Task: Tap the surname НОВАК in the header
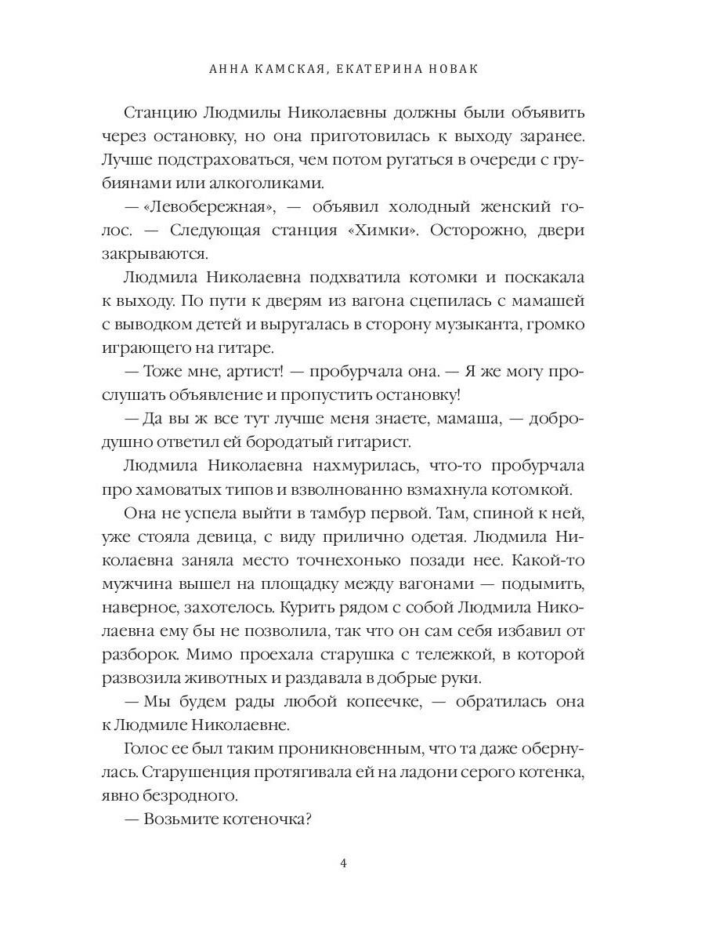[450, 69]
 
